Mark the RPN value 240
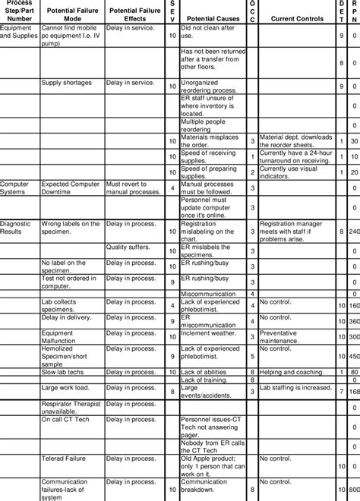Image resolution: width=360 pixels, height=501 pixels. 354,231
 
